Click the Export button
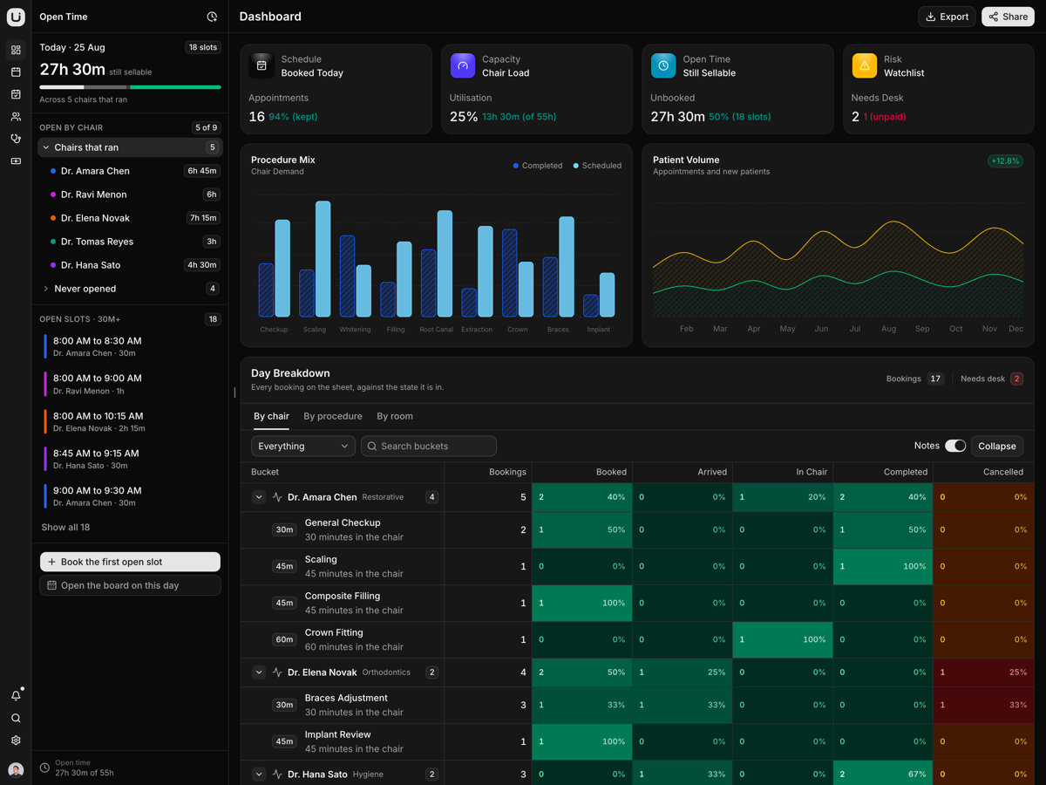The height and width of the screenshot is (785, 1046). [x=947, y=17]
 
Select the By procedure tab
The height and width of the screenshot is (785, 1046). [x=333, y=416]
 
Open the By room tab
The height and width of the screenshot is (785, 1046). [x=395, y=416]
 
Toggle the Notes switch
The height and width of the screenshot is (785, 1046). [x=955, y=446]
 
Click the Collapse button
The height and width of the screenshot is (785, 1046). [x=997, y=446]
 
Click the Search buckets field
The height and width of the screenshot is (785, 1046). [x=428, y=446]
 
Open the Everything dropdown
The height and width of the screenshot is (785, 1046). [x=303, y=446]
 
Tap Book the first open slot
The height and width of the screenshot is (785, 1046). [x=130, y=562]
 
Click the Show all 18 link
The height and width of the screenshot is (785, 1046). [x=65, y=527]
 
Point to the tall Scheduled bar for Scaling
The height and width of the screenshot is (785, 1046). [x=323, y=259]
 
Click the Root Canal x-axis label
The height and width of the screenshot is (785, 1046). [x=436, y=330]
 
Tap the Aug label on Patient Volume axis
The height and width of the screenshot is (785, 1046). [x=888, y=329]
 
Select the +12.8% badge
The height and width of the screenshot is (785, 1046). [x=1005, y=161]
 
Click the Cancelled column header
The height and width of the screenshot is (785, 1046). [x=1002, y=472]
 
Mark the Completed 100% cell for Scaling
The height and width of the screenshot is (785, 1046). [x=882, y=566]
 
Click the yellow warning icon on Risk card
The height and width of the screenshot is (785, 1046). [x=864, y=65]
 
